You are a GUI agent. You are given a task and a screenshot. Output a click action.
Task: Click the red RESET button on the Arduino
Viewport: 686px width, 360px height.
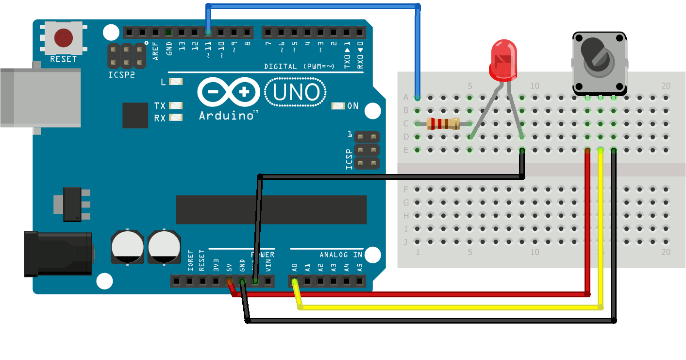(64, 37)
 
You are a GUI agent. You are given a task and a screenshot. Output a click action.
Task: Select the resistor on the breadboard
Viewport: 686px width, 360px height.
(443, 124)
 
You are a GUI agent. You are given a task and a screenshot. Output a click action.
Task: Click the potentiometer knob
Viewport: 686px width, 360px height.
(595, 56)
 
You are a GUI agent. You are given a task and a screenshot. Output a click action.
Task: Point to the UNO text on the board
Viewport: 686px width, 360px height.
(296, 92)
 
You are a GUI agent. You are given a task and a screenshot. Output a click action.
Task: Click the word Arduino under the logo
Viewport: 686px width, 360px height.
(226, 116)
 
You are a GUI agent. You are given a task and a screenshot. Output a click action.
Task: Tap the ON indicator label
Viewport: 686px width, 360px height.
(353, 106)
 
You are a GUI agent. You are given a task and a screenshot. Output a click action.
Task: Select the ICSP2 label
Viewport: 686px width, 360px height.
(121, 75)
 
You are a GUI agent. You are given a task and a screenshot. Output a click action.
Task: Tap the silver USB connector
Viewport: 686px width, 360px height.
(39, 97)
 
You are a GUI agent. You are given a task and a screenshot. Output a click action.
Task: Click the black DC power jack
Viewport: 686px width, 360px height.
(58, 254)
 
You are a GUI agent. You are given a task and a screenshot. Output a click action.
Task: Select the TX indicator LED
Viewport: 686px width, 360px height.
(176, 105)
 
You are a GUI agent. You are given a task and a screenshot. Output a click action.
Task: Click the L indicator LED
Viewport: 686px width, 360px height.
(176, 82)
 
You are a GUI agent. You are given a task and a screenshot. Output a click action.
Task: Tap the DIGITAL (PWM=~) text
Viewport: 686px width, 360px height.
(299, 66)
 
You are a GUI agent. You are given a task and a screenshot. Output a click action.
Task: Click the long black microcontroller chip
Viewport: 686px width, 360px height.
(271, 210)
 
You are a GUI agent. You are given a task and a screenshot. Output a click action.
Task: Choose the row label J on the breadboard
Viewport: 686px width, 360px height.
(406, 241)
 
